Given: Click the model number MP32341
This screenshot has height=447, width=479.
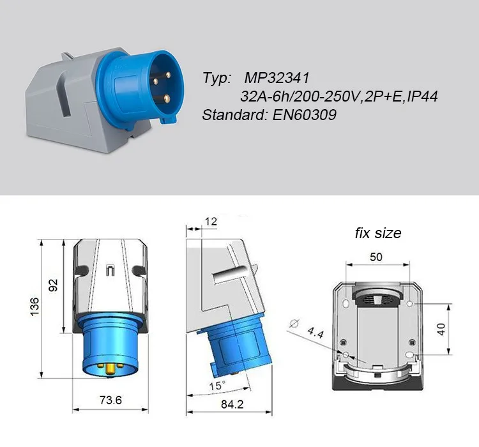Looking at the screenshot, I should (x=277, y=79).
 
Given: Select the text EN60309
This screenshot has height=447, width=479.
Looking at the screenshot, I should (x=306, y=116).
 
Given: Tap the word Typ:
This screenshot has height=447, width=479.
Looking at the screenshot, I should (x=217, y=79).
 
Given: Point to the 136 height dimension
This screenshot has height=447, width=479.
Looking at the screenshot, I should (x=34, y=305).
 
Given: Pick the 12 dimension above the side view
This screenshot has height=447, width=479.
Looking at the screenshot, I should (x=212, y=222).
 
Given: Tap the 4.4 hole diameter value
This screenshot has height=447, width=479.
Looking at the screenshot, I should (x=315, y=333).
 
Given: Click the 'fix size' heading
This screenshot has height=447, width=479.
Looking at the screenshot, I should (x=378, y=233).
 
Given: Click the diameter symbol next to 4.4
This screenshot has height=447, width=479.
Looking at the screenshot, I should (x=294, y=323).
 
